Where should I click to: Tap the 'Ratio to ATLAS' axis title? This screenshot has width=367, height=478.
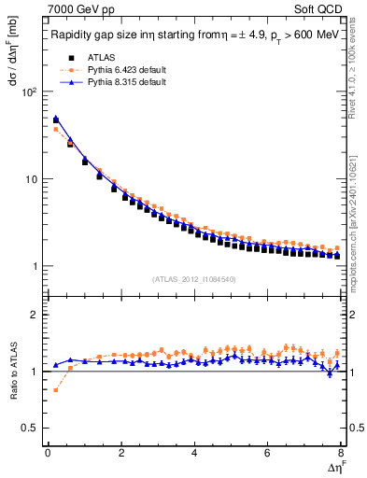12,371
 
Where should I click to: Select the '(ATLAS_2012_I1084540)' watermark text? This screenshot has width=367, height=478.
194,278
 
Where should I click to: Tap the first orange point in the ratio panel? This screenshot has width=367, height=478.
55,389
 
